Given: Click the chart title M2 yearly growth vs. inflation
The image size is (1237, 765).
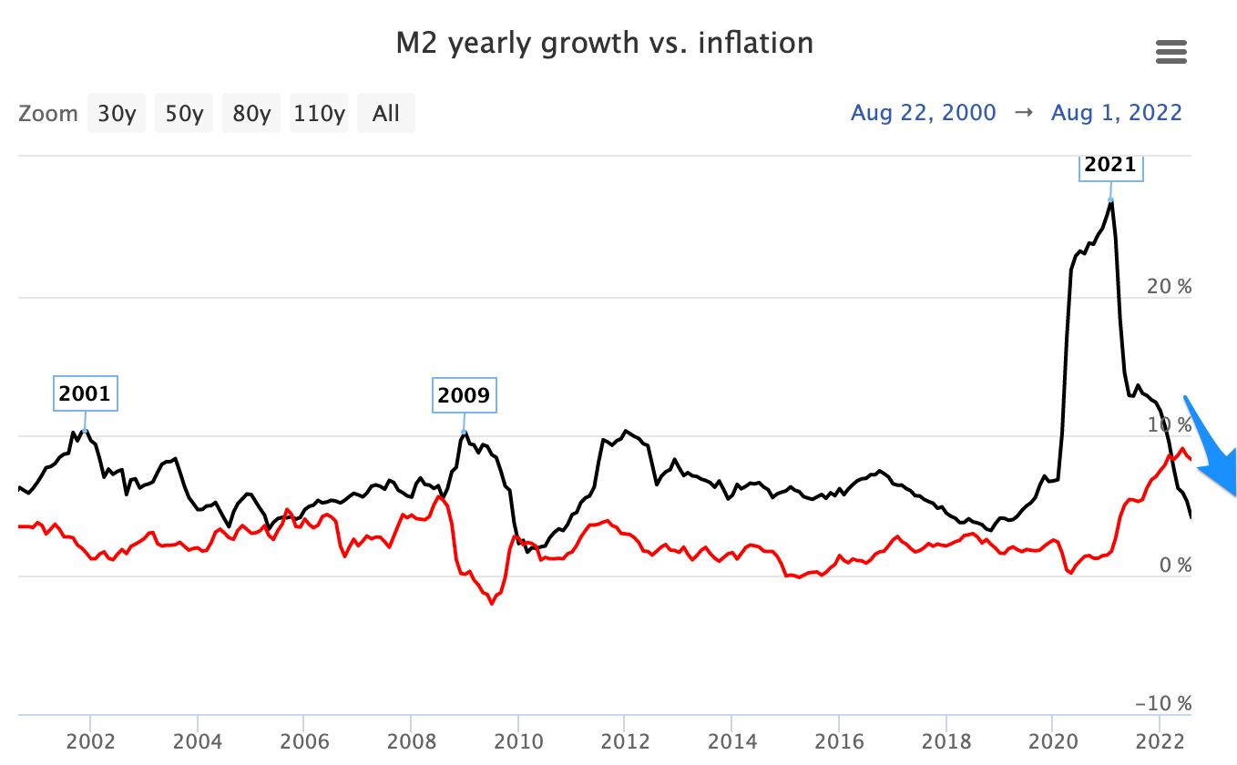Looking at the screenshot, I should [604, 43].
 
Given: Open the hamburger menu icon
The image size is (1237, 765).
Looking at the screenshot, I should [1171, 52].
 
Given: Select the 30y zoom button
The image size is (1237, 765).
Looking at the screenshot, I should [117, 114].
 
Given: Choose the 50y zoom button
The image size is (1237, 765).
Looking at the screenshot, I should [183, 114].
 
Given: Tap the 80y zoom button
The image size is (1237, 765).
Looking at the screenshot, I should [250, 114].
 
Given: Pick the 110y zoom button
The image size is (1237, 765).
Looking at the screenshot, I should [319, 114].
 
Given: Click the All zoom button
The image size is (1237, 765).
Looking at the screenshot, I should [386, 114].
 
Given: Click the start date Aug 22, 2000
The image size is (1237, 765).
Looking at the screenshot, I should [924, 113].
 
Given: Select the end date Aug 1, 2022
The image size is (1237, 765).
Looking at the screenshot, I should [1117, 113].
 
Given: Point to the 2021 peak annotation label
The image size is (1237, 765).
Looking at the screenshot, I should [1110, 165].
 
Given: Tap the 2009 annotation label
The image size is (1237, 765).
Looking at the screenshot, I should [464, 395].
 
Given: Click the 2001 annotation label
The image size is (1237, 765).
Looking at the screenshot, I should [85, 394].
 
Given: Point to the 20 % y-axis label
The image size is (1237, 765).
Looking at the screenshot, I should [1169, 286].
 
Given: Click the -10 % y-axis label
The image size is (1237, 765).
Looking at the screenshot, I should [1163, 704].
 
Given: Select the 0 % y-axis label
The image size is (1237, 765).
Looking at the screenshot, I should [1173, 566].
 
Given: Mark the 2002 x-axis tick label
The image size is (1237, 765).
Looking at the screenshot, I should [90, 739].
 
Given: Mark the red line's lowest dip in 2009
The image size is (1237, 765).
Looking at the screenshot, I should [492, 603].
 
